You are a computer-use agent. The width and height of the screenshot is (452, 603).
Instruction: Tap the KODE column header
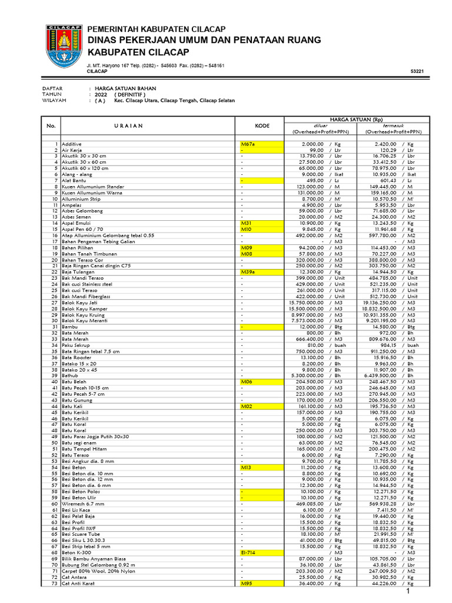point(262,126)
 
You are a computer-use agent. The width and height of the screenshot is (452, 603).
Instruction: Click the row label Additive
point(71,144)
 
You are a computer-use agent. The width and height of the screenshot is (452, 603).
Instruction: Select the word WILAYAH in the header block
point(54,101)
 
